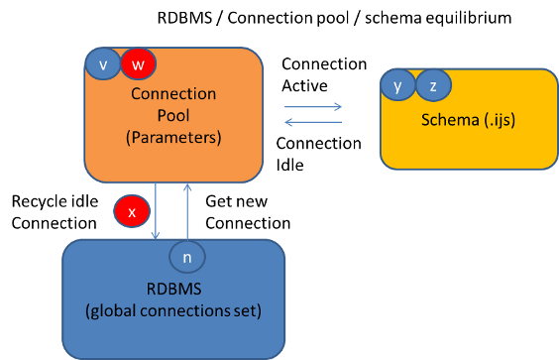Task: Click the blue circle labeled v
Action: pyautogui.click(x=102, y=64)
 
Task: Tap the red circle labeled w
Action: pyautogui.click(x=138, y=64)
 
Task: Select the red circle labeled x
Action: pyautogui.click(x=131, y=211)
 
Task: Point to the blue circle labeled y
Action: pyautogui.click(x=397, y=86)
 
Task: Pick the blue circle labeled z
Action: pyautogui.click(x=432, y=86)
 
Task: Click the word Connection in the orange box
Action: pyautogui.click(x=173, y=94)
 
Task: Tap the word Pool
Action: pyautogui.click(x=173, y=116)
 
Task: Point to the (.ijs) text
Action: pyautogui.click(x=502, y=120)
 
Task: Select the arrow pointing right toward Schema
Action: pyautogui.click(x=311, y=104)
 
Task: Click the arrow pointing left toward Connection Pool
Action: pyautogui.click(x=311, y=123)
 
